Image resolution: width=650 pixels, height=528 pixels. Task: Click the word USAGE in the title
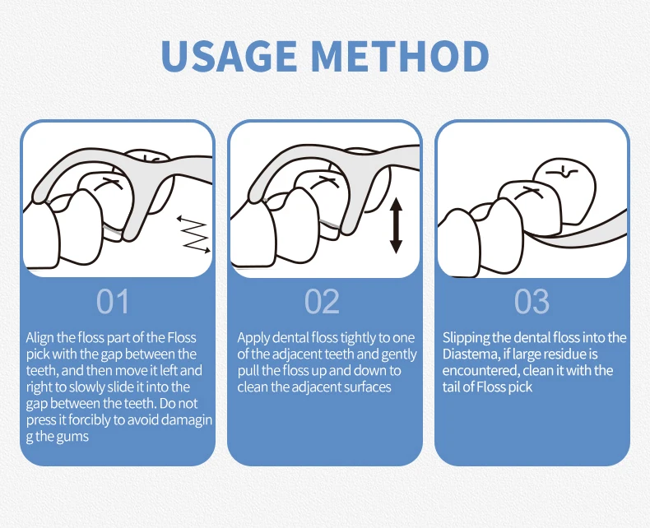click(x=229, y=56)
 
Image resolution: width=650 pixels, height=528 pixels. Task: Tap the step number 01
click(x=113, y=301)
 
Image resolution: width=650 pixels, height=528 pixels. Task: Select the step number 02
click(x=322, y=301)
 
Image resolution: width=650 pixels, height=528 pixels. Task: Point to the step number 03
click(x=532, y=301)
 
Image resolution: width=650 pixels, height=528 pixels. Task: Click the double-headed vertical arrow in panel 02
click(x=397, y=225)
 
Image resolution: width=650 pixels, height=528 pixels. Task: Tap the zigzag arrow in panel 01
click(x=194, y=234)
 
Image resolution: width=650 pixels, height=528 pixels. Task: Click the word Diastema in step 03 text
click(x=470, y=354)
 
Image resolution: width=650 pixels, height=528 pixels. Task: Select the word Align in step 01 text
click(x=40, y=338)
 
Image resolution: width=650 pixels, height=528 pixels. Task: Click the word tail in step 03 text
click(x=451, y=387)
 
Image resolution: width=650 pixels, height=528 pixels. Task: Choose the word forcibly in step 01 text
click(x=90, y=420)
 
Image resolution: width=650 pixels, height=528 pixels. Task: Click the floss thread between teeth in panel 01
click(x=112, y=229)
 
